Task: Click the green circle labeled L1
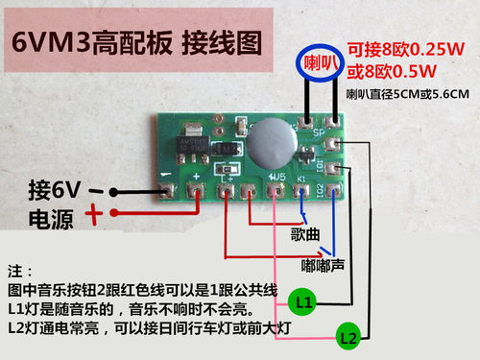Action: [x=303, y=302]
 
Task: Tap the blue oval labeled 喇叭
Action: [x=321, y=64]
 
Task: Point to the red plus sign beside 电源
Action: [x=96, y=214]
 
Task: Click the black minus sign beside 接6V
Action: [x=97, y=190]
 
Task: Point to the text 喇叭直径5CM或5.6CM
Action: [x=407, y=95]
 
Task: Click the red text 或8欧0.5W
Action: [x=394, y=71]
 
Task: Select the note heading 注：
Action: [x=19, y=271]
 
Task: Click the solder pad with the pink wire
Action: [x=278, y=193]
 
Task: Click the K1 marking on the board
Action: [x=301, y=178]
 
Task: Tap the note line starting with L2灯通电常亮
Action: [x=149, y=328]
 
